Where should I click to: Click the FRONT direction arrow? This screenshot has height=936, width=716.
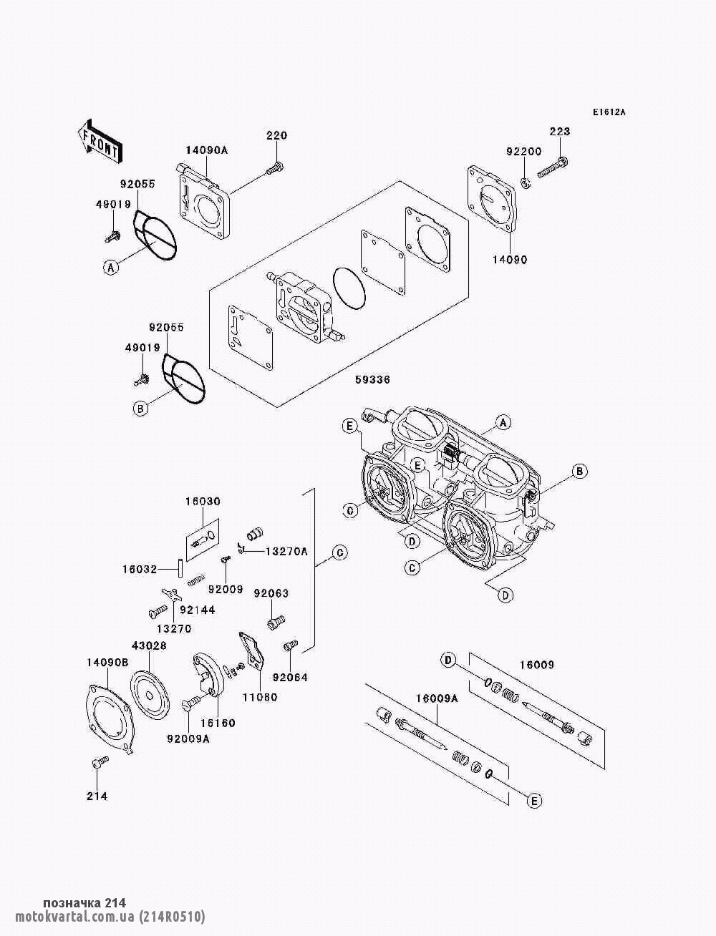coord(99,139)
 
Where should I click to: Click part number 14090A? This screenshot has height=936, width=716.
coord(206,150)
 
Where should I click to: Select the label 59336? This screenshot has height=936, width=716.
coord(372,380)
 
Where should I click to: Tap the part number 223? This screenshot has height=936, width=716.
coord(560,131)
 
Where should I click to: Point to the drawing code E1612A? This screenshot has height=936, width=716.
coord(609,112)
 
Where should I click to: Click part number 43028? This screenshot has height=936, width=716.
coord(149,645)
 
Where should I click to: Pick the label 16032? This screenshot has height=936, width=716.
coord(140,570)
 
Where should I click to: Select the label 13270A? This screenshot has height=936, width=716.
coord(286,551)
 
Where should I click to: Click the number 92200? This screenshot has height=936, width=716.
coord(523,152)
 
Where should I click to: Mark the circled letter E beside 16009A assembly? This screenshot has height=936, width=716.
coord(533,801)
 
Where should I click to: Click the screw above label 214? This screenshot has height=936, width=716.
coord(99,764)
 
